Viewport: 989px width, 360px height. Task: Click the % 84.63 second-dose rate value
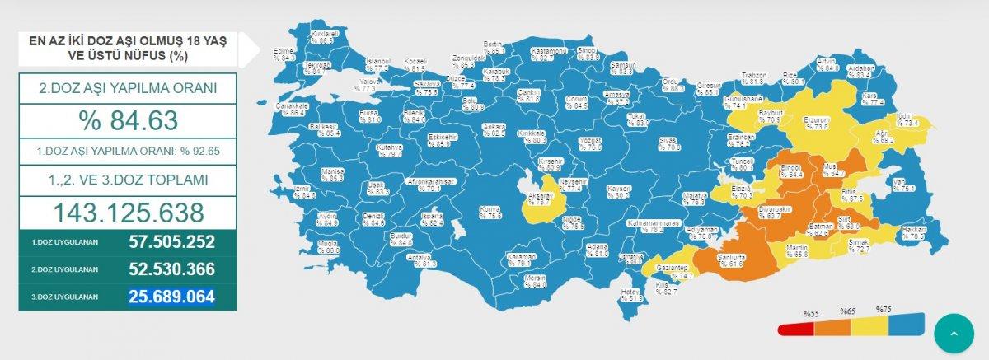pyautogui.click(x=128, y=121)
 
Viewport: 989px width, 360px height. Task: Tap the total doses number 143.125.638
pyautogui.click(x=128, y=213)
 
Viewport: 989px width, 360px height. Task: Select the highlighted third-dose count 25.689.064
pyautogui.click(x=171, y=297)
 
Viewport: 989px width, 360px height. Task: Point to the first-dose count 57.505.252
pyautogui.click(x=171, y=242)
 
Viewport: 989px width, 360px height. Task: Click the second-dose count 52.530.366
pyautogui.click(x=171, y=269)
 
